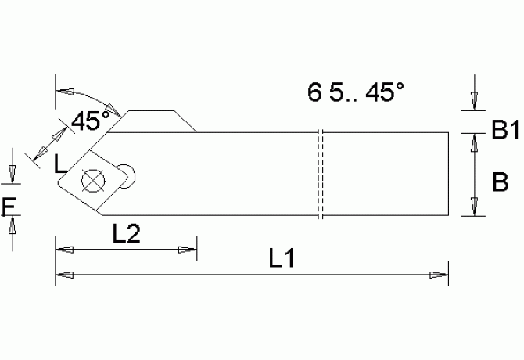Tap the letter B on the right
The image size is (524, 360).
click(500, 182)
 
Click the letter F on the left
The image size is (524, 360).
click(9, 206)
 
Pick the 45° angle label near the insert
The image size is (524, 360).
click(91, 121)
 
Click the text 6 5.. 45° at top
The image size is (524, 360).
click(356, 93)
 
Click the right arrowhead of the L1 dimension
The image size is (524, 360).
click(440, 275)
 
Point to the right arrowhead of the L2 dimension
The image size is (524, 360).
click(188, 250)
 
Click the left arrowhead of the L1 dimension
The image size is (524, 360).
click(64, 275)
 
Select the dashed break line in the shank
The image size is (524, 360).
click(319, 174)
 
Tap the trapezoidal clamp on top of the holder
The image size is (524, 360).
click(160, 121)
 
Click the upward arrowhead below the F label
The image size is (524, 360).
click(13, 227)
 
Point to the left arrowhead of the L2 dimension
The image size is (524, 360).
click(64, 250)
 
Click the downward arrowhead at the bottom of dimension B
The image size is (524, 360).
click(473, 207)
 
